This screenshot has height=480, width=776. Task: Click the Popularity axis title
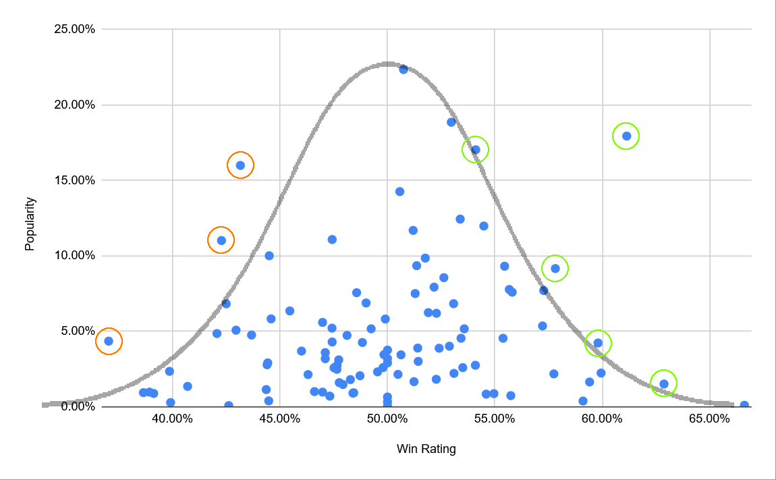[x=30, y=223]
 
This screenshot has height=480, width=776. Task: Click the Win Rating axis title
[x=426, y=449]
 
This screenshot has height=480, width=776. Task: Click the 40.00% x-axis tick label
[x=173, y=419]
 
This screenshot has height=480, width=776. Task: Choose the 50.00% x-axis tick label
[x=387, y=419]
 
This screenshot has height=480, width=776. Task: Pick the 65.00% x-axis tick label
[x=709, y=419]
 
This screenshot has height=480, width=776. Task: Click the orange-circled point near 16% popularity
[x=240, y=165]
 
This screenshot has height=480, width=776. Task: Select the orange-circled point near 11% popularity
[x=221, y=240]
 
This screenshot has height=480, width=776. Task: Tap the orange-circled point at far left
[x=109, y=341]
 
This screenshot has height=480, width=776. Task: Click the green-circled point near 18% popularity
[x=626, y=136]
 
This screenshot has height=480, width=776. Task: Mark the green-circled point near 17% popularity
[x=476, y=150]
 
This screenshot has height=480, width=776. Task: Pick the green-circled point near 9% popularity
[x=555, y=268]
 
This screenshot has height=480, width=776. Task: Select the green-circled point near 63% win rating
[x=664, y=383]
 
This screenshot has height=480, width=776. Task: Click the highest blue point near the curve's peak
[x=404, y=69]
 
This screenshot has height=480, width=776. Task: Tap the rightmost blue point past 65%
[x=744, y=405]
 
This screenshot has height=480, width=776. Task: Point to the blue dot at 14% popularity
[x=399, y=192]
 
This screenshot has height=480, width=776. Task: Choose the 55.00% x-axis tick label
[x=495, y=419]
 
